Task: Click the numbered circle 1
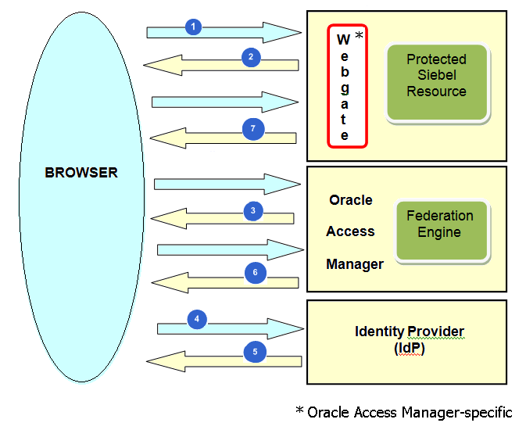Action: (x=194, y=27)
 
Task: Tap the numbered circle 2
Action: (x=251, y=57)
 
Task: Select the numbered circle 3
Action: (x=252, y=210)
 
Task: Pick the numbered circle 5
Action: (x=255, y=353)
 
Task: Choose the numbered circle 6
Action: (x=254, y=273)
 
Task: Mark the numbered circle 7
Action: (x=253, y=129)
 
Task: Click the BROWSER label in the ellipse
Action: (x=81, y=172)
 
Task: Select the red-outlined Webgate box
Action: (x=347, y=86)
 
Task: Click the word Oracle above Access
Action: (x=351, y=200)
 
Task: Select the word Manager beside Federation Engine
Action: (x=355, y=264)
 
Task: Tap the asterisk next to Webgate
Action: (x=360, y=36)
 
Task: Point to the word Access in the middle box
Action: (x=351, y=231)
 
